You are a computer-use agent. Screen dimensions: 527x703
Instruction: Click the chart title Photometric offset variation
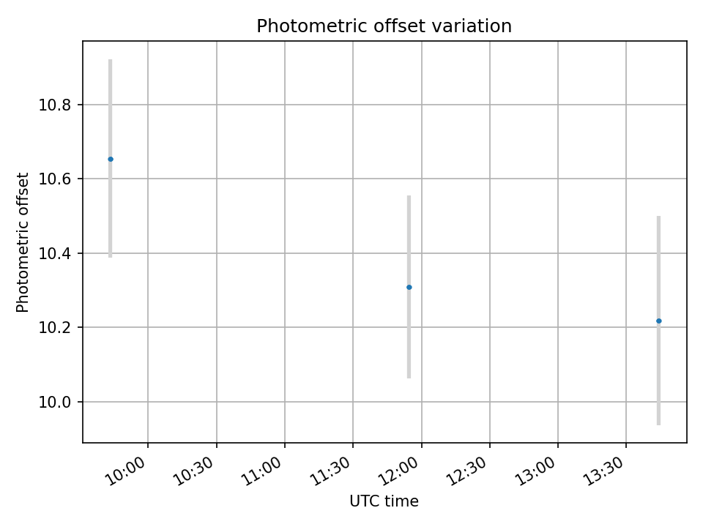pos(384,26)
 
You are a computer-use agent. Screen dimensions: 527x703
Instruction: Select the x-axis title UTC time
pos(384,501)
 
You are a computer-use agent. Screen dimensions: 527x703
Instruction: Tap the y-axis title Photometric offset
pos(23,242)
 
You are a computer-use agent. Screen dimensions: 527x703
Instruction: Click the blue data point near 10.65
pos(111,159)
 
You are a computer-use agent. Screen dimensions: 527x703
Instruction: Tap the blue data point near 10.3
pos(409,287)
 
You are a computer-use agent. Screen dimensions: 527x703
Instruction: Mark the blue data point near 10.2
pos(658,321)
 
